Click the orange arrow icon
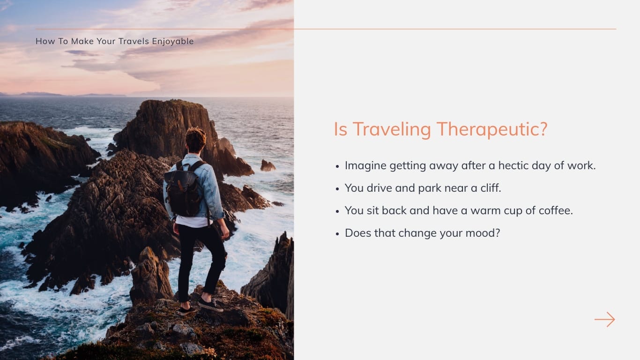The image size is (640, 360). click(604, 320)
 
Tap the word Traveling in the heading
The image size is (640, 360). click(391, 129)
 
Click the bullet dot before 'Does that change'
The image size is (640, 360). click(337, 233)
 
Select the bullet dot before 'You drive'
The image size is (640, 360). click(337, 188)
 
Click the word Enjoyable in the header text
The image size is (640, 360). click(172, 41)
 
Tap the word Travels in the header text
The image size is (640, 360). click(134, 41)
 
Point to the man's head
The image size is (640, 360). click(195, 140)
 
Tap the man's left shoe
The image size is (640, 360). click(186, 310)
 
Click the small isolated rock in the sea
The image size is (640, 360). click(268, 165)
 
